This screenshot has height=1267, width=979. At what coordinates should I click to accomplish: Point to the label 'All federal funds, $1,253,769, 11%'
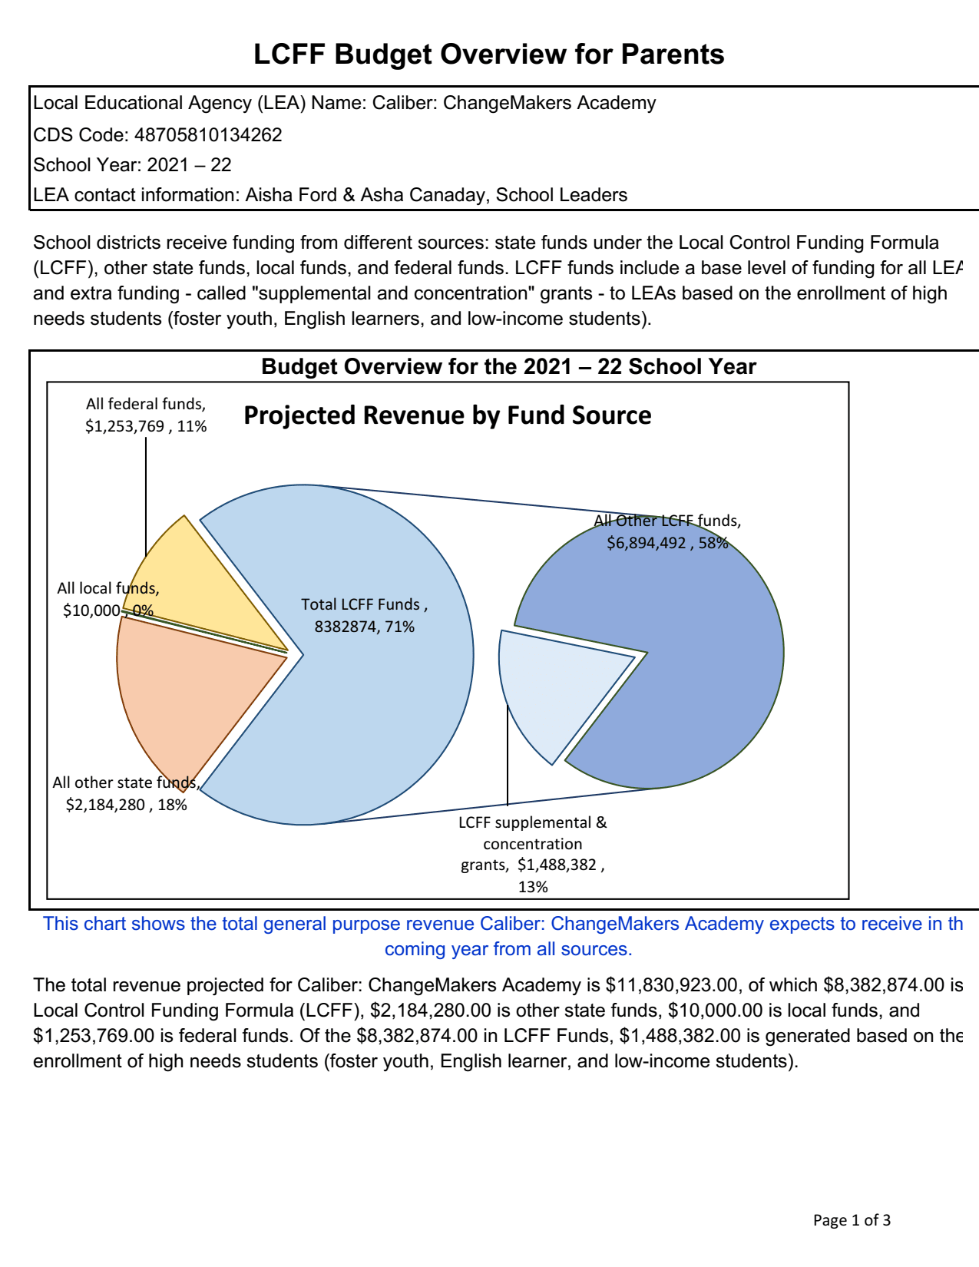click(x=146, y=415)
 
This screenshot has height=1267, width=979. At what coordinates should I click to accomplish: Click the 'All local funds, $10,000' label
click(x=108, y=600)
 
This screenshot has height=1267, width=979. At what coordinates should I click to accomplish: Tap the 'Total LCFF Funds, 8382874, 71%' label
click(x=365, y=616)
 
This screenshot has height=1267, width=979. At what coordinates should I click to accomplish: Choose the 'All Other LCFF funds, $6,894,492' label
click(x=667, y=532)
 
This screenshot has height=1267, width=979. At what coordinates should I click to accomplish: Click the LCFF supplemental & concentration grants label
click(x=533, y=854)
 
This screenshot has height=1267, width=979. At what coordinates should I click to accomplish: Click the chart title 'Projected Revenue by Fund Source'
click(x=447, y=415)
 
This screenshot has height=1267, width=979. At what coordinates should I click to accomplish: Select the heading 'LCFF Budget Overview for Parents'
click(x=489, y=55)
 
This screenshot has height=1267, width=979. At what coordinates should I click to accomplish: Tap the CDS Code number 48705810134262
click(x=208, y=135)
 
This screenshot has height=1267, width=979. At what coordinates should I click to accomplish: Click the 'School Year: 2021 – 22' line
click(x=132, y=165)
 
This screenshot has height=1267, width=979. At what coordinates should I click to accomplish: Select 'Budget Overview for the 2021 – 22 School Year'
click(x=508, y=366)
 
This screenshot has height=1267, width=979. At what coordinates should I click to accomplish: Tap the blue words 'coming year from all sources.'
click(x=508, y=949)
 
